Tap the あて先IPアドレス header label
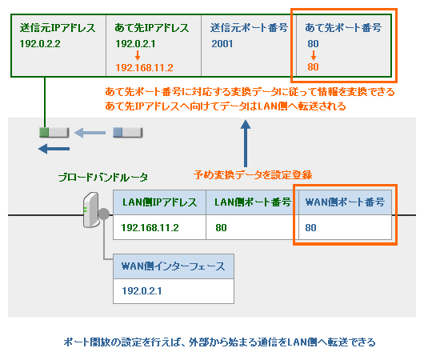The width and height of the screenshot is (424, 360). tap(151, 27)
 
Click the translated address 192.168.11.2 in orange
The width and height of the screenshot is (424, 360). tap(145, 69)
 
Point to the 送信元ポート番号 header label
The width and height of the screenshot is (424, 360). tap(249, 27)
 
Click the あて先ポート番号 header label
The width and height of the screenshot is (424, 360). tap(343, 27)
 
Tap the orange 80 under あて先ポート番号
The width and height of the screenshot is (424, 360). tap(313, 69)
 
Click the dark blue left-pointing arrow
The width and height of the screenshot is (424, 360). tap(54, 148)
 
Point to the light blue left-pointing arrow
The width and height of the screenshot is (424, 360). tap(90, 133)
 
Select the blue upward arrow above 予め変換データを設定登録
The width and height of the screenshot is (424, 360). tap(246, 145)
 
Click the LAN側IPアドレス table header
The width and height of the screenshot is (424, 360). tap(159, 202)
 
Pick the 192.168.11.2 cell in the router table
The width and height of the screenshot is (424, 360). tap(150, 229)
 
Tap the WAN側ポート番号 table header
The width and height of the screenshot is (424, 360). tap(345, 202)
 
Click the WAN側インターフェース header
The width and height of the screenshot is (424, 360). tap(173, 266)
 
